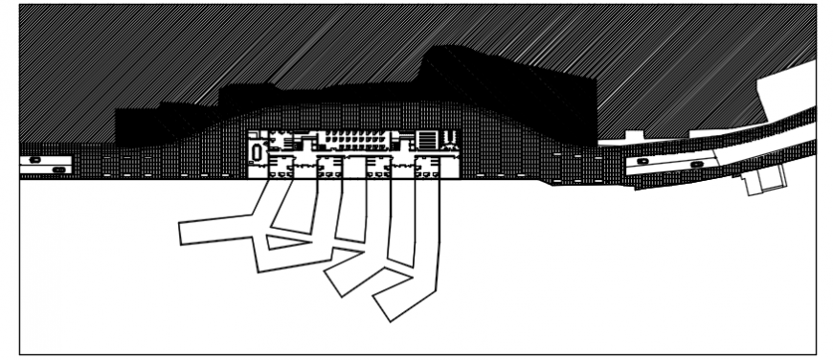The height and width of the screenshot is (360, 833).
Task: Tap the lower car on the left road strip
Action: pos(59,169)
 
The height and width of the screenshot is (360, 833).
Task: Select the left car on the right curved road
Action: pos(642,161)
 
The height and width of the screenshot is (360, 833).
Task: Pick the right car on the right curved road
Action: pos(696,165)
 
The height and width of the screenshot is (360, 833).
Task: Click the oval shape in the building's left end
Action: pos(257,150)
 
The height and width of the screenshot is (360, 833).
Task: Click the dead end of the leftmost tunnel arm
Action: pos(185,233)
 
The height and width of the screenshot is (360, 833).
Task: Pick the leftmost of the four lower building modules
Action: pos(279,169)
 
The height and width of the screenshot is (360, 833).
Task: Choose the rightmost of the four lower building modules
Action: pos(427,169)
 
